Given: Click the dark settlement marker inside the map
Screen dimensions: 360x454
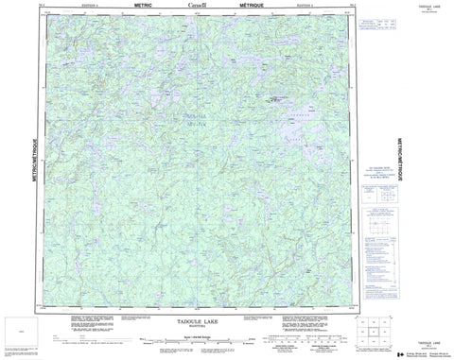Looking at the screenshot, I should click(x=275, y=96).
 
